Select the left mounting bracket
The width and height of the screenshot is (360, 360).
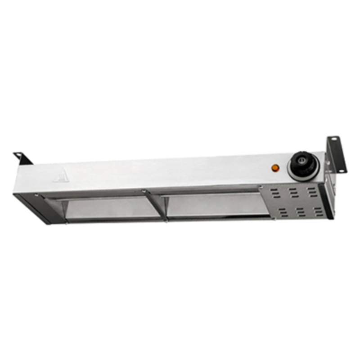tap(23, 158)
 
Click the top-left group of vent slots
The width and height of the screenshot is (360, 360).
tap(274, 193)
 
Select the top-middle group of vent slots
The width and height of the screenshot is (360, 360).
tap(293, 193)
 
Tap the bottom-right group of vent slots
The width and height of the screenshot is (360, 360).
tap(317, 211)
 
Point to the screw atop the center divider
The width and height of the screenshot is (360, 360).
tap(144, 192)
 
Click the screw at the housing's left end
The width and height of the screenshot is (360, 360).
tap(36, 196)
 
